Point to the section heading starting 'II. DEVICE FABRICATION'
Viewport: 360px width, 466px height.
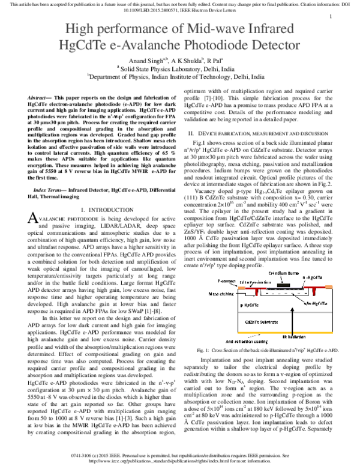coord(258,132)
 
